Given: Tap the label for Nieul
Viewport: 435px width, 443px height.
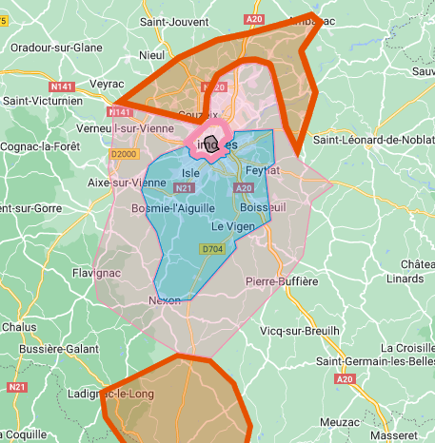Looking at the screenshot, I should click(151, 56).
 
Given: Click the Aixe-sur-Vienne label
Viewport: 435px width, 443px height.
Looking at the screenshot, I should click(127, 182).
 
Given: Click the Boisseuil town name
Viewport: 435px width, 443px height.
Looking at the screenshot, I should click(264, 206).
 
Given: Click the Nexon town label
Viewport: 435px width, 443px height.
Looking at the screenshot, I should click(164, 300).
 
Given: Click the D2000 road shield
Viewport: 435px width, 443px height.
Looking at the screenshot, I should click(124, 154).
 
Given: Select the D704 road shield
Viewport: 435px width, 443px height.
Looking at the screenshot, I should click(211, 249).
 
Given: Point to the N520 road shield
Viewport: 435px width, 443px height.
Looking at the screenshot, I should click(218, 87).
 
